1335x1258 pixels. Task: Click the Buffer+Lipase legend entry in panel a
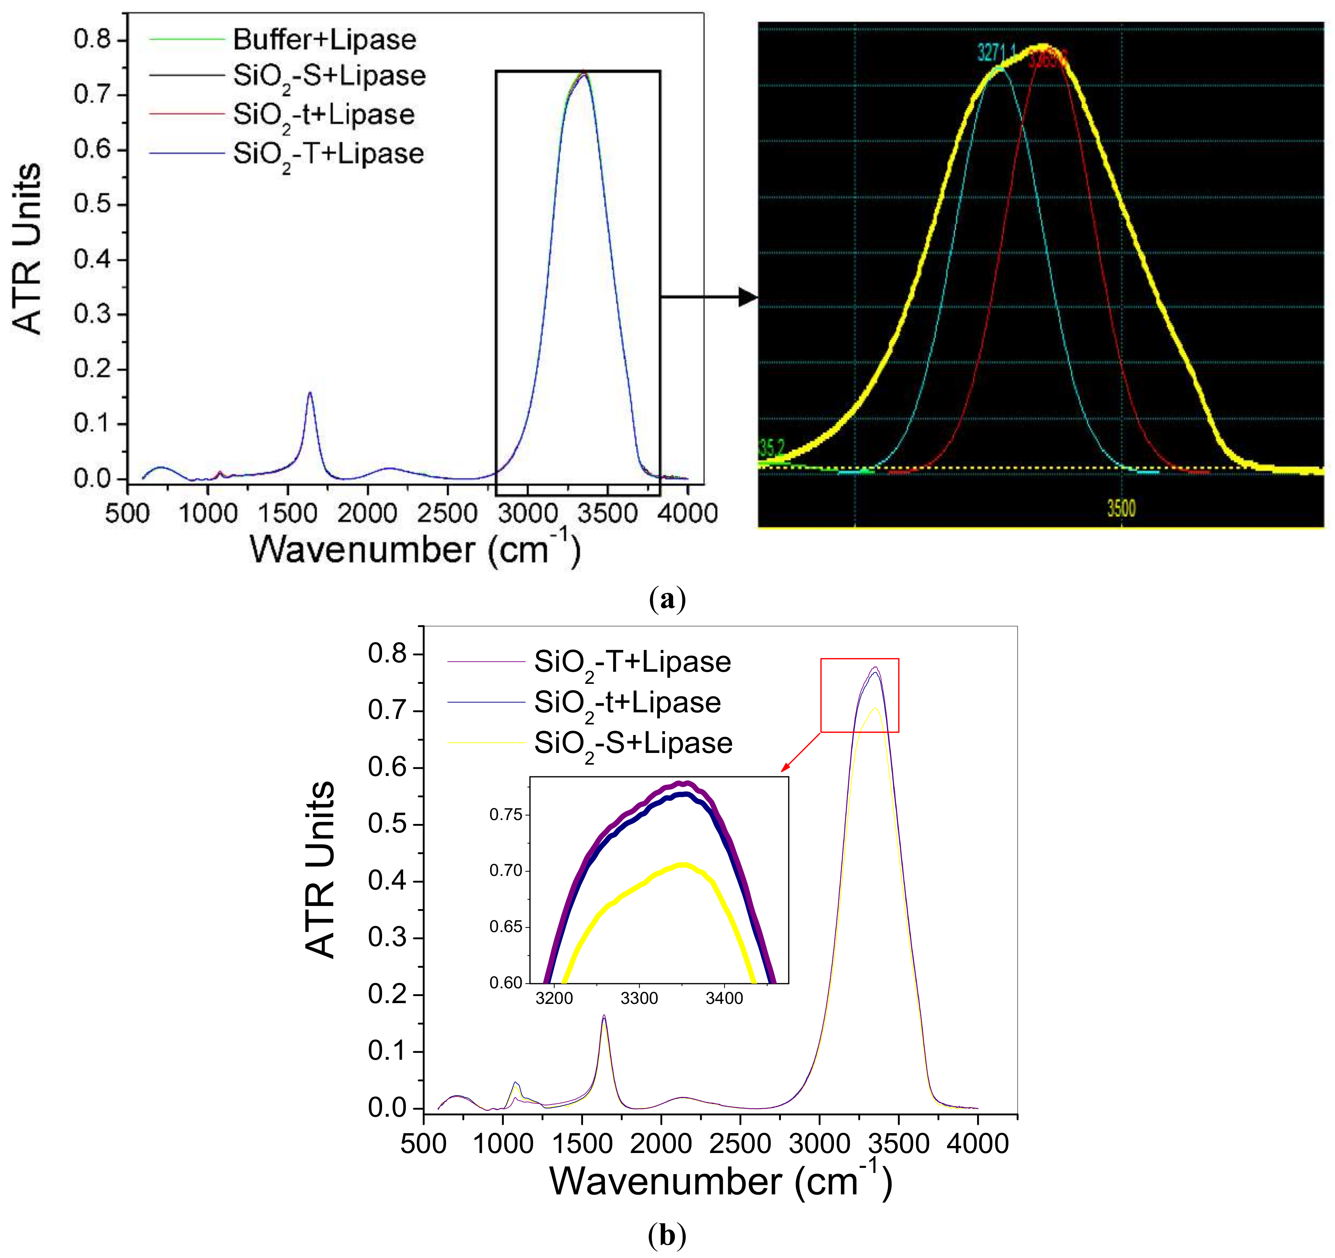pos(324,40)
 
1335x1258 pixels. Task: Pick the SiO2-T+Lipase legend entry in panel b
pos(632,663)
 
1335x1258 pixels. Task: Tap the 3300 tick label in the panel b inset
pos(639,999)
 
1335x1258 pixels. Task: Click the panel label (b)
pos(667,1235)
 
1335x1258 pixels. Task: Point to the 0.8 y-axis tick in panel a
pos(92,40)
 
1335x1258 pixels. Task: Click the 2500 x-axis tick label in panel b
pos(740,1143)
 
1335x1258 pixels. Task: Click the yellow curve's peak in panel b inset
pos(684,865)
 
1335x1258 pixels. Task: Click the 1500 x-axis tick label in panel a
pos(288,514)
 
